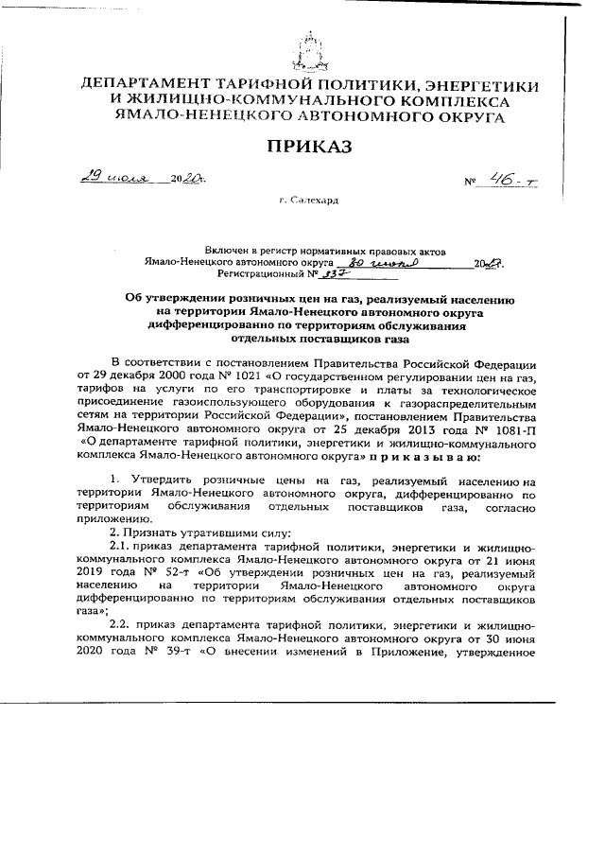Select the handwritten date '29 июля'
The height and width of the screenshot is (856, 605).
point(102,178)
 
